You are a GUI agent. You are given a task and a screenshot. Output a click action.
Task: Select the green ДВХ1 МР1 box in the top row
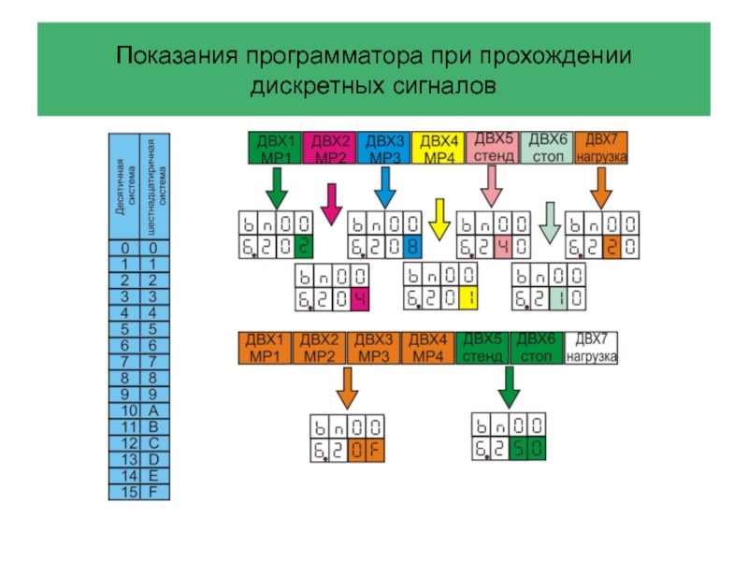click(275, 148)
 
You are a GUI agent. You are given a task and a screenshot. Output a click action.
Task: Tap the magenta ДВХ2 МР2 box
click(329, 148)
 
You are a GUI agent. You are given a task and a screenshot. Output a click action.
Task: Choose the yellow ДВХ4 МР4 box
click(438, 148)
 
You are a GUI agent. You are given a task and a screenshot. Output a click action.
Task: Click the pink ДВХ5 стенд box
click(492, 147)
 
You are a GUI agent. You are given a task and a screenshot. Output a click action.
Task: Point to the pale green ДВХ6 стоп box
click(546, 147)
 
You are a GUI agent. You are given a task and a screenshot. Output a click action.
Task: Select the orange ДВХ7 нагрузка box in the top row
click(600, 147)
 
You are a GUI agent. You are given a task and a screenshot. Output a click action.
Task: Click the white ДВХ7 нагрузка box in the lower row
click(591, 348)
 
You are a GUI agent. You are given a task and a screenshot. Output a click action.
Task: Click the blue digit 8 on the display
click(411, 247)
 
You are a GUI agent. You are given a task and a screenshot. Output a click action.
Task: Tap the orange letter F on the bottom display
click(374, 452)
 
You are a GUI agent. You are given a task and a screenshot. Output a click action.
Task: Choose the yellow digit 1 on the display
click(467, 299)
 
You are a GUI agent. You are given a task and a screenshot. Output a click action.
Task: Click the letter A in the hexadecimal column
click(152, 410)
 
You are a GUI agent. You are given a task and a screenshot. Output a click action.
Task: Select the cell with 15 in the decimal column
click(128, 492)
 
